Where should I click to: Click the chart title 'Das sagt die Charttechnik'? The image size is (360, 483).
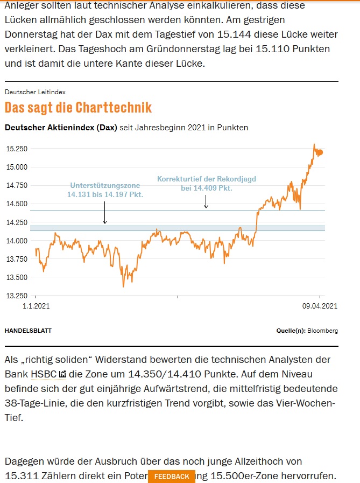[78, 107]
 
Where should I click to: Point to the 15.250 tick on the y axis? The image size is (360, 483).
[16, 149]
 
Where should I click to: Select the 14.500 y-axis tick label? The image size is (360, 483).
[16, 204]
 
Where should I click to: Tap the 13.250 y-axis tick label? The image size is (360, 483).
[16, 296]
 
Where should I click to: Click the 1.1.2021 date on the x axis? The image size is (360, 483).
[36, 306]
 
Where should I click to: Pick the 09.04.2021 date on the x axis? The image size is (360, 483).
[320, 306]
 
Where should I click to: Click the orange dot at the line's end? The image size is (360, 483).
[321, 152]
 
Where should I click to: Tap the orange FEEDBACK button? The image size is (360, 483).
[172, 477]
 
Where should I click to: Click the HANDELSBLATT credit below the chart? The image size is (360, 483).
[28, 331]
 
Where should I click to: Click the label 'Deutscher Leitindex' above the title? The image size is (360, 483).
[35, 92]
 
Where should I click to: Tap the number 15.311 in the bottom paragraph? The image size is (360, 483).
[23, 476]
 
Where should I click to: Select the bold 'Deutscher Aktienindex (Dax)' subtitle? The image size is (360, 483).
[60, 128]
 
